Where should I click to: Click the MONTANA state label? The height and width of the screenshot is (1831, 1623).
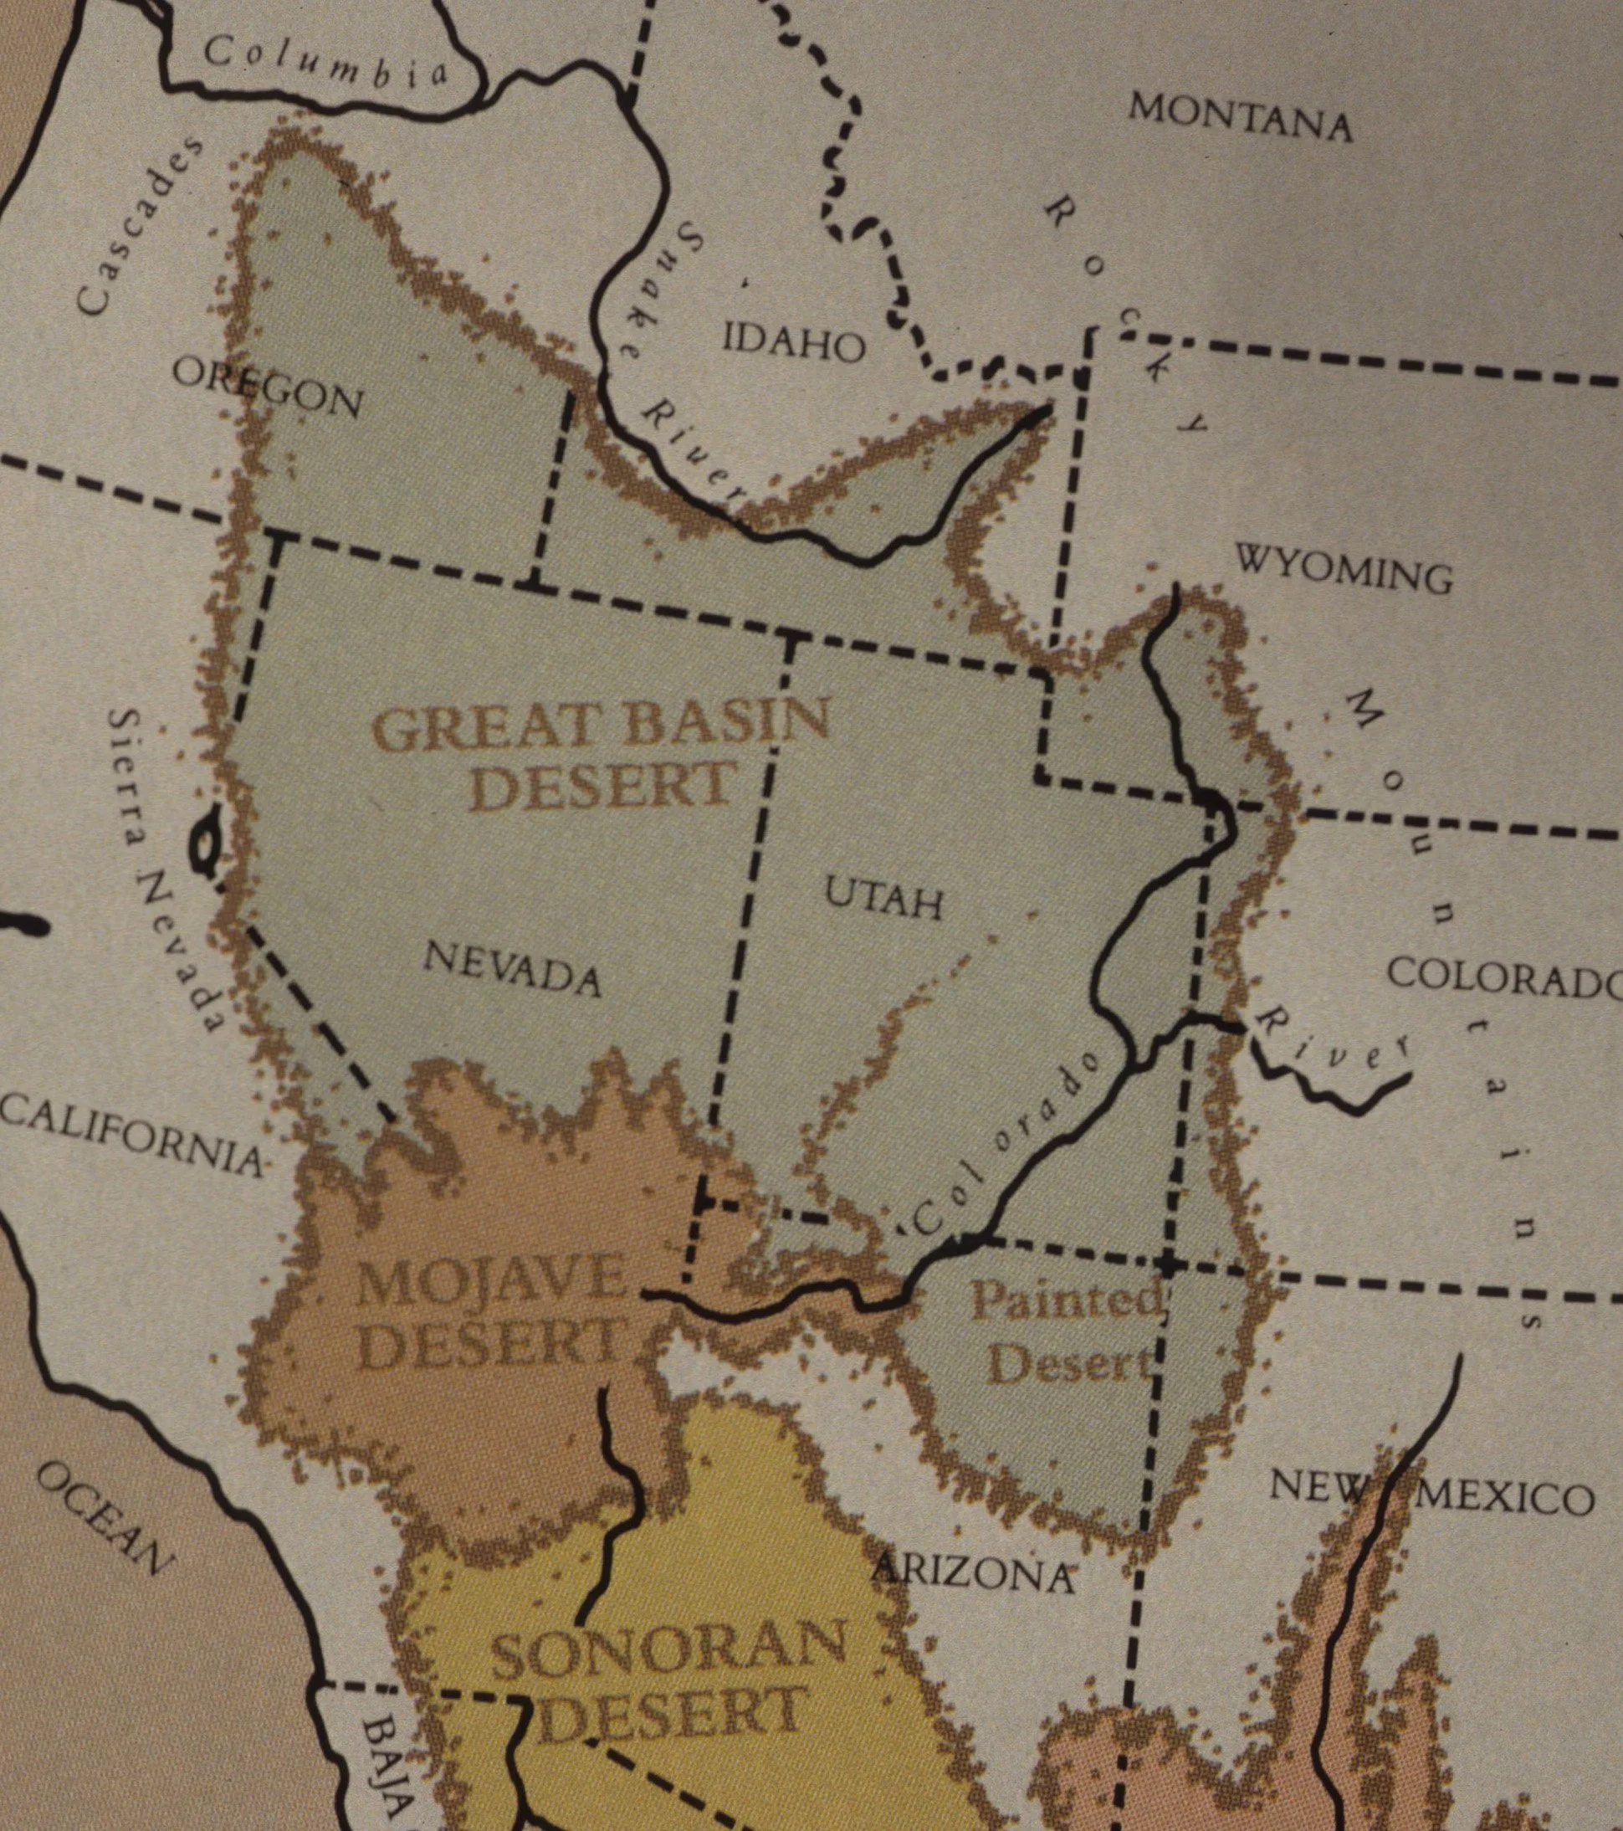point(1240,117)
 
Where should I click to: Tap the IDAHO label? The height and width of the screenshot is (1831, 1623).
point(794,342)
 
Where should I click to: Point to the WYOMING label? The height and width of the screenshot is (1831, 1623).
point(1344,568)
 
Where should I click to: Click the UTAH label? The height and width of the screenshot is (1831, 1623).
point(883,898)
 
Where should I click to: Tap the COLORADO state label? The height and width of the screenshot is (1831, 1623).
point(1505,976)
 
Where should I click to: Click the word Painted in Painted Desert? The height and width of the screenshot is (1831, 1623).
point(1067,1300)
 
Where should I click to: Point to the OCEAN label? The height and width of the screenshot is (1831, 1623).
point(103,1515)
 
